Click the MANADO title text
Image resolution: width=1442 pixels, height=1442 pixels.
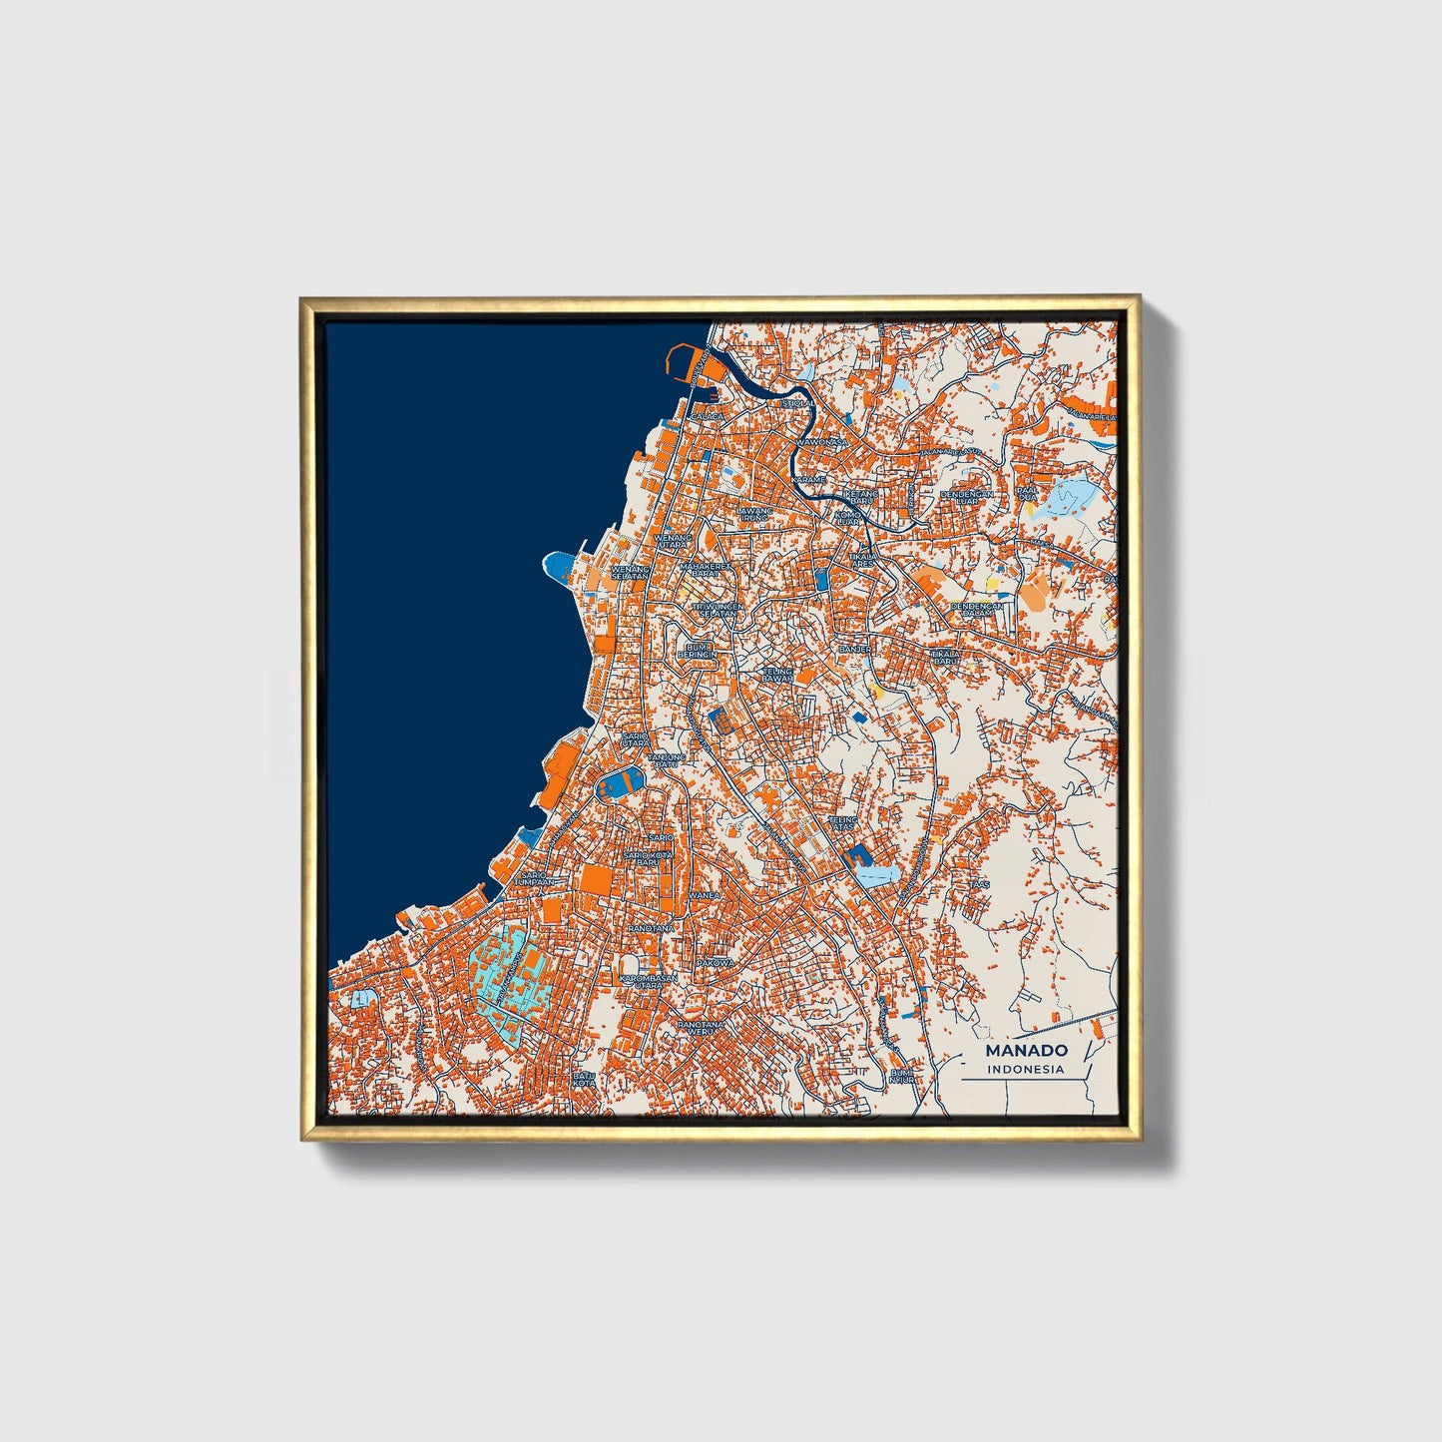pyautogui.click(x=1026, y=1050)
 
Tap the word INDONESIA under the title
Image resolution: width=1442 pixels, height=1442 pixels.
pyautogui.click(x=1026, y=1069)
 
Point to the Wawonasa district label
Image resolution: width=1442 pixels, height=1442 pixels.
pyautogui.click(x=821, y=441)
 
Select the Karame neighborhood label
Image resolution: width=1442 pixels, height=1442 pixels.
pyautogui.click(x=809, y=480)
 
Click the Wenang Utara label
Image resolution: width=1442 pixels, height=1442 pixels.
pyautogui.click(x=673, y=541)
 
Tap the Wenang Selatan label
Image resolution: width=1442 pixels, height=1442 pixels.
pyautogui.click(x=631, y=573)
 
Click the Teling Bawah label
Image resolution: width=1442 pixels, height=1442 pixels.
pyautogui.click(x=777, y=676)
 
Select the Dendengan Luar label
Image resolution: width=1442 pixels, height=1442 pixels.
pyautogui.click(x=966, y=497)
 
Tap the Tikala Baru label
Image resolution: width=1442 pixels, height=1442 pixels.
pyautogui.click(x=944, y=658)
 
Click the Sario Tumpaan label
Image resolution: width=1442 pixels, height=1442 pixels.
pyautogui.click(x=533, y=878)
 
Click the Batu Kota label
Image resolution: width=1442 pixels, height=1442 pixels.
pyautogui.click(x=584, y=1079)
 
